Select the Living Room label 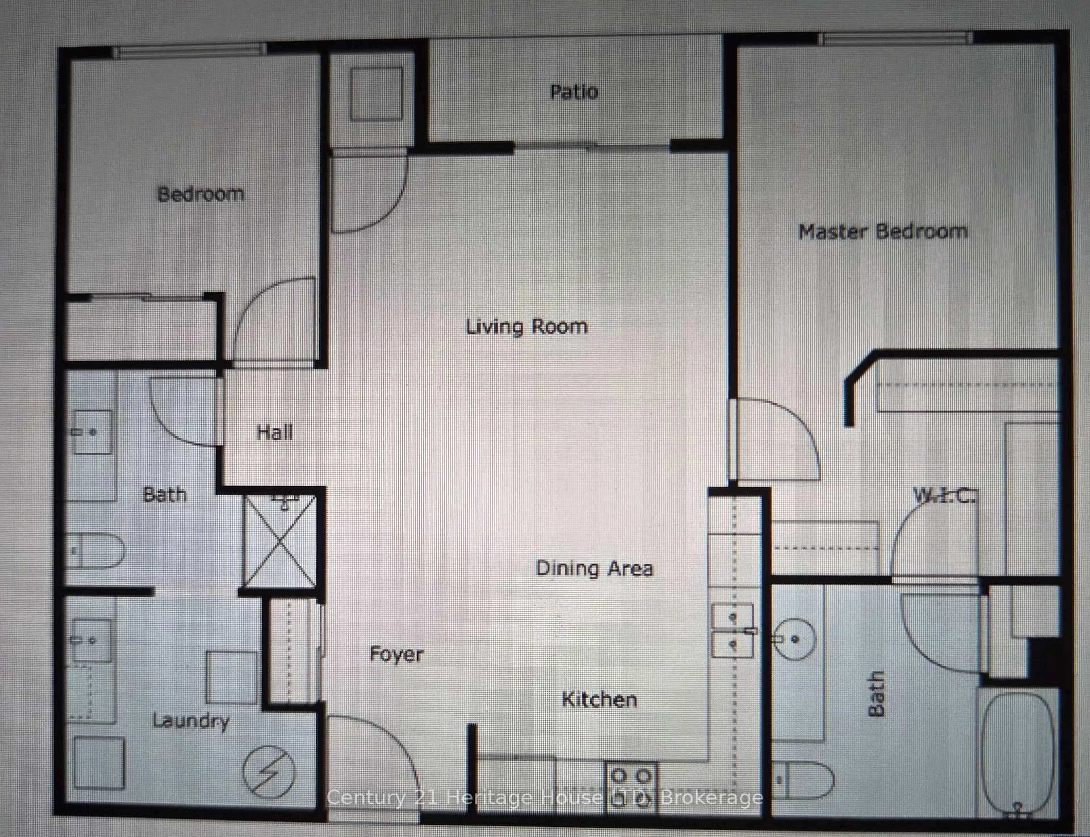click(x=527, y=327)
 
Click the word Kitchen click(x=599, y=700)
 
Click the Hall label click(x=274, y=432)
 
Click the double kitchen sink click(x=732, y=631)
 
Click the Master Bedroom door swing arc click(x=777, y=438)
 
